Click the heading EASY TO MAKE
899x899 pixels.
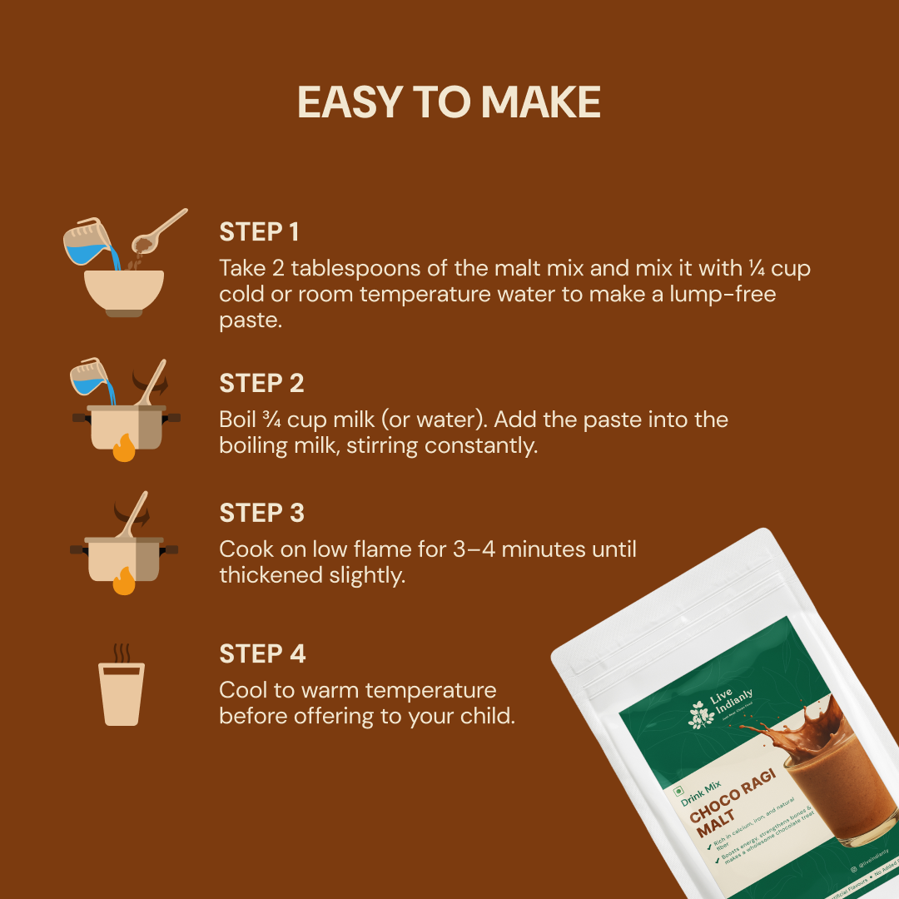tap(449, 102)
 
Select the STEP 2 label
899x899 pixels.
tap(261, 383)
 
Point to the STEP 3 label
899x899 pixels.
tap(261, 513)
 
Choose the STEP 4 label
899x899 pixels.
tap(262, 653)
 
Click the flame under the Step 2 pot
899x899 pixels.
tap(123, 450)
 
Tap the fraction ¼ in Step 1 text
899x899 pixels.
tap(756, 268)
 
